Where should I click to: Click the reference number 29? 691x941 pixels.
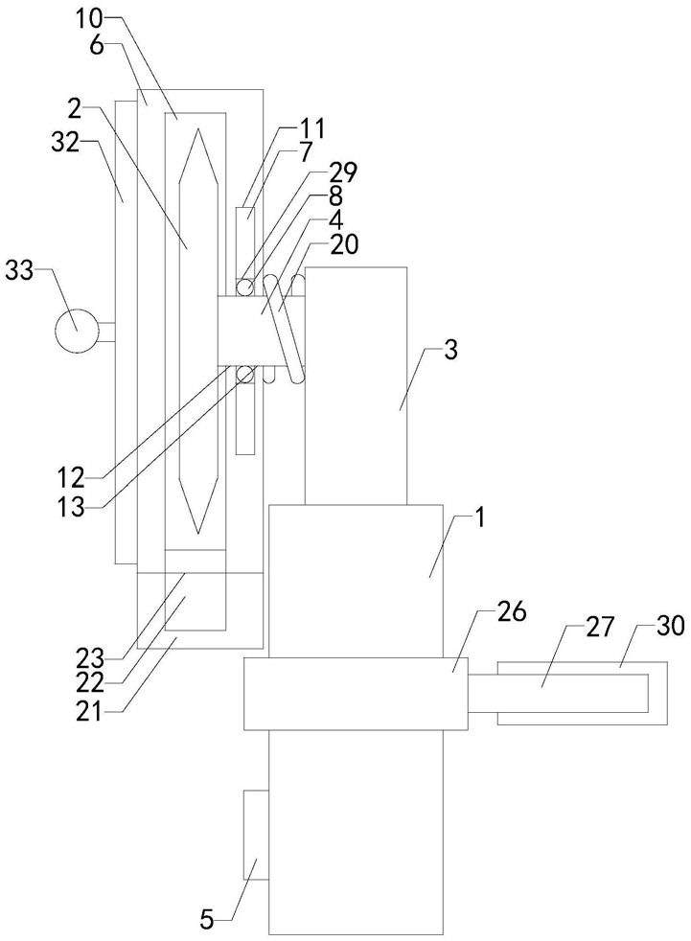(x=341, y=172)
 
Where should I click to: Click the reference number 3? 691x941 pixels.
(x=450, y=350)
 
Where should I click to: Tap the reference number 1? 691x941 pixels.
(x=479, y=516)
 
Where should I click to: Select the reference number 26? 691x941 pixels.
(x=510, y=612)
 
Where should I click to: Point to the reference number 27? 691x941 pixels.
(x=599, y=627)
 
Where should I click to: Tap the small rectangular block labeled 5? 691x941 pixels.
(x=256, y=835)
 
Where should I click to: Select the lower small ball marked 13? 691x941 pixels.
(x=244, y=376)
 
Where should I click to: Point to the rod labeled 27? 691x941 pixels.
(x=559, y=693)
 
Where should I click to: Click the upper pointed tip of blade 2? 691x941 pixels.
(x=197, y=127)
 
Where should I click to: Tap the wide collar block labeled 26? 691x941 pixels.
(x=356, y=694)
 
